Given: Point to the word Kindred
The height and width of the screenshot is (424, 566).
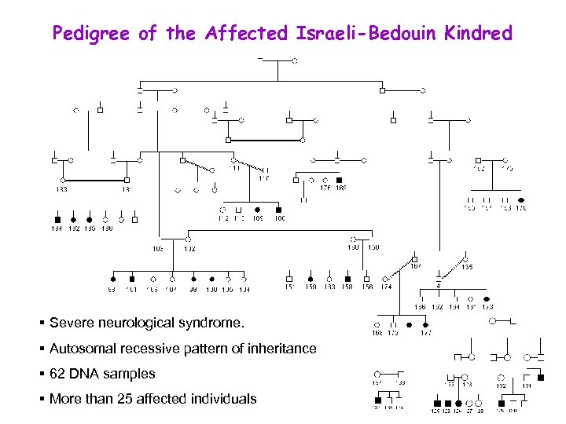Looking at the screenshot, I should pos(478,33).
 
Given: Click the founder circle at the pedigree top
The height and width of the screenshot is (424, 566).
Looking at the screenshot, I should pos(295,60).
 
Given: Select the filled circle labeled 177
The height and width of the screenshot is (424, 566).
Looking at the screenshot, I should pos(425,324).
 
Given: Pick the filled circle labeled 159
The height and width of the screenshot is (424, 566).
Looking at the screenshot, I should pos(311,279).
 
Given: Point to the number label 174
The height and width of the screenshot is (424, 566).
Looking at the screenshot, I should pos(386,287).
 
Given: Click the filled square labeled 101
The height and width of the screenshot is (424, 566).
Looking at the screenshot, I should pos(132,279).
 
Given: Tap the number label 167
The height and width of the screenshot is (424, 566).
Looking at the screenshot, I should pos(416,265).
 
